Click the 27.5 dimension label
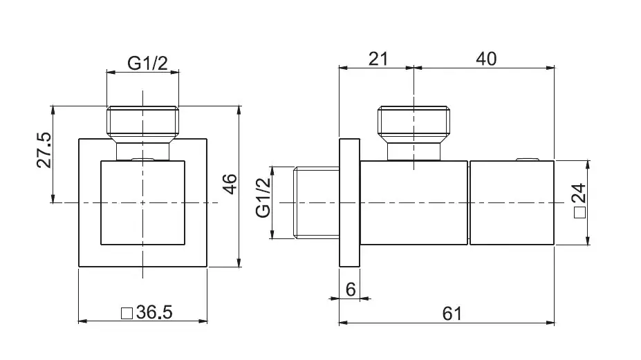(44, 150)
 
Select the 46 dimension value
(230, 184)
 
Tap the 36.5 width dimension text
(154, 312)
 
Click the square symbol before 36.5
(127, 314)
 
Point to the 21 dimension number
(378, 59)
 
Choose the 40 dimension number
(487, 59)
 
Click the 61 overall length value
(452, 314)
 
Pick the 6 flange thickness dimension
(351, 290)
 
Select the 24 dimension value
(579, 193)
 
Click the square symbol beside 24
(580, 213)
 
